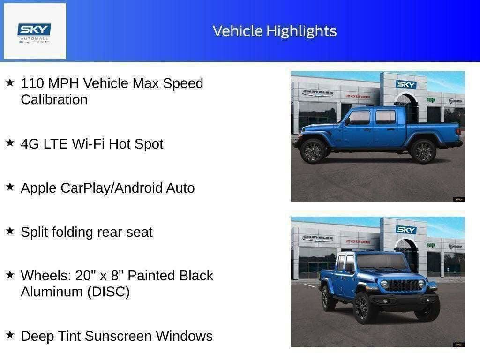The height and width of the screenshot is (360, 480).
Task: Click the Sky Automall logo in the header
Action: [x=35, y=31]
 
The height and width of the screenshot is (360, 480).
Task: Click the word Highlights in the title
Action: [x=301, y=31]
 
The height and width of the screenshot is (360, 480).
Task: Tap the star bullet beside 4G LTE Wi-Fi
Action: [x=10, y=142]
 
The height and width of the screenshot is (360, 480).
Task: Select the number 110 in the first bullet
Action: [x=33, y=83]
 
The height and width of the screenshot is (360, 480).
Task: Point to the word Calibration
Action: [x=54, y=100]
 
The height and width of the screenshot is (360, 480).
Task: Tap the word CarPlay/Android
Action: [x=112, y=188]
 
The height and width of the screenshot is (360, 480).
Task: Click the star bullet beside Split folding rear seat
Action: [x=10, y=231]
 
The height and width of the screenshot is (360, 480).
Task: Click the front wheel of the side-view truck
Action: [x=313, y=151]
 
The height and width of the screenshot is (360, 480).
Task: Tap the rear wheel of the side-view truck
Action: [x=423, y=151]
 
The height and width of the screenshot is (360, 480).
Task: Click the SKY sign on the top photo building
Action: [x=405, y=84]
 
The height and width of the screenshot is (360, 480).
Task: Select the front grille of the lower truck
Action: [x=403, y=285]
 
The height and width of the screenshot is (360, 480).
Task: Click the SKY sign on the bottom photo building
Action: [x=405, y=230]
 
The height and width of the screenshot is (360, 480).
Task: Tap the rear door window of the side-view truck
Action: [x=385, y=117]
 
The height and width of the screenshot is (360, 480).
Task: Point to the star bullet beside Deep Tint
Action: [x=10, y=335]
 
